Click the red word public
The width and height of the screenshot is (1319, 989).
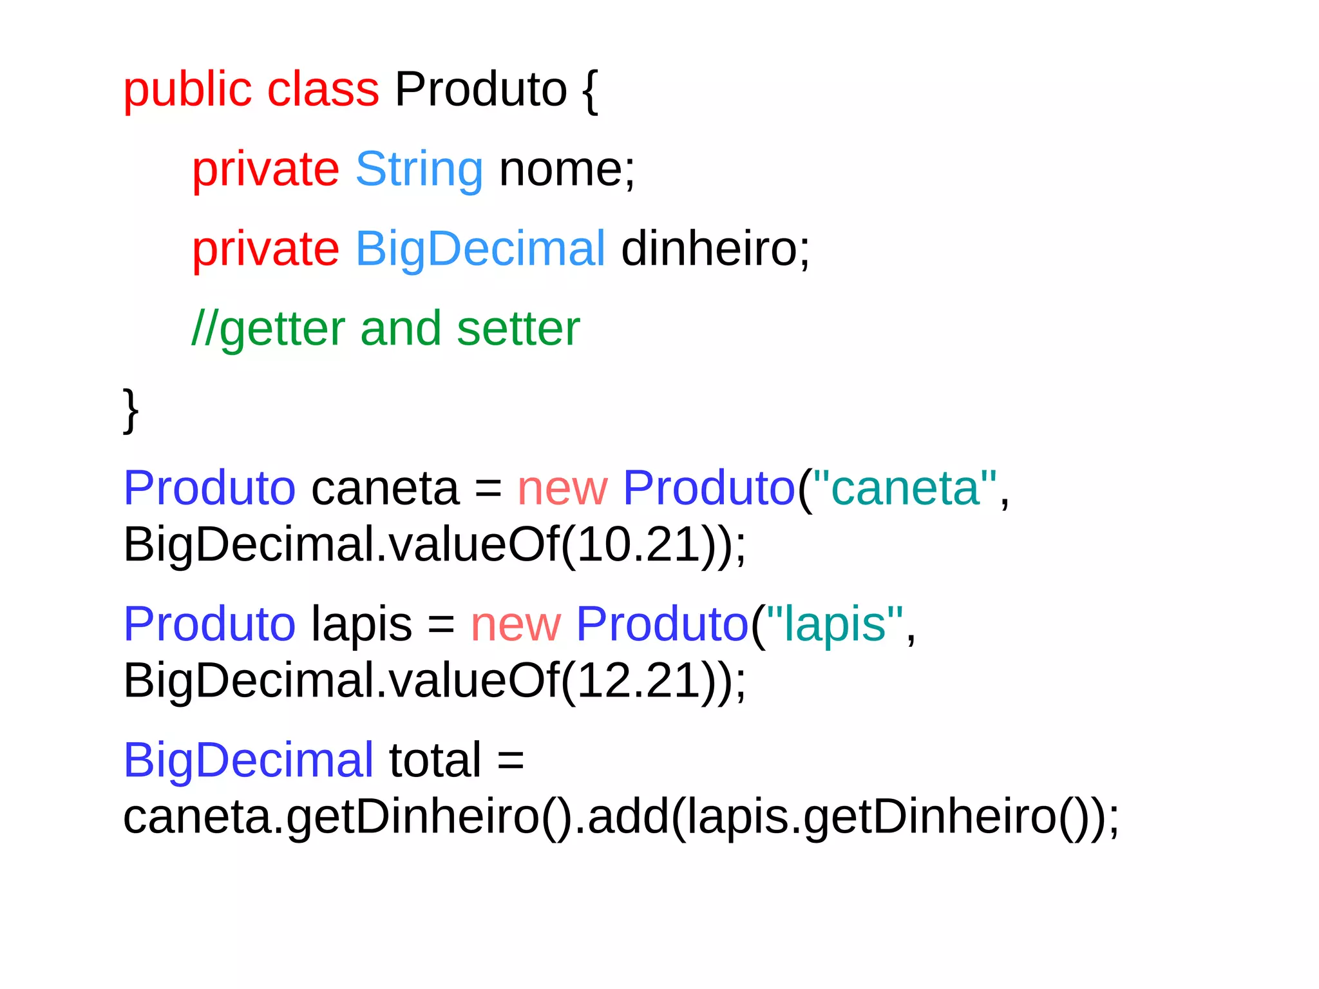(187, 90)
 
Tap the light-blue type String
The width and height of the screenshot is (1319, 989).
(419, 170)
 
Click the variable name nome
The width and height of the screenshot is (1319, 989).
(560, 170)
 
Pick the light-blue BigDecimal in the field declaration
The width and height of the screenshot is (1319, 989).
(480, 249)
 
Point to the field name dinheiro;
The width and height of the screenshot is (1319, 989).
(715, 249)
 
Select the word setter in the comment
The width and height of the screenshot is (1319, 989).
(518, 329)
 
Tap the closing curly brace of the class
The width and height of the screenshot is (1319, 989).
(131, 410)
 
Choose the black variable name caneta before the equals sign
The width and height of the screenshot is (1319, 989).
(385, 488)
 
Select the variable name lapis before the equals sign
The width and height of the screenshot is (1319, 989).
(361, 624)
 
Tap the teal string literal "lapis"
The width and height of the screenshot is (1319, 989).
(835, 624)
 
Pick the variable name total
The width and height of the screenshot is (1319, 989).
(435, 760)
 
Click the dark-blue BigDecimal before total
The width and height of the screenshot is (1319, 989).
(248, 760)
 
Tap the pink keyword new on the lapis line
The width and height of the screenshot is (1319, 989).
(515, 624)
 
